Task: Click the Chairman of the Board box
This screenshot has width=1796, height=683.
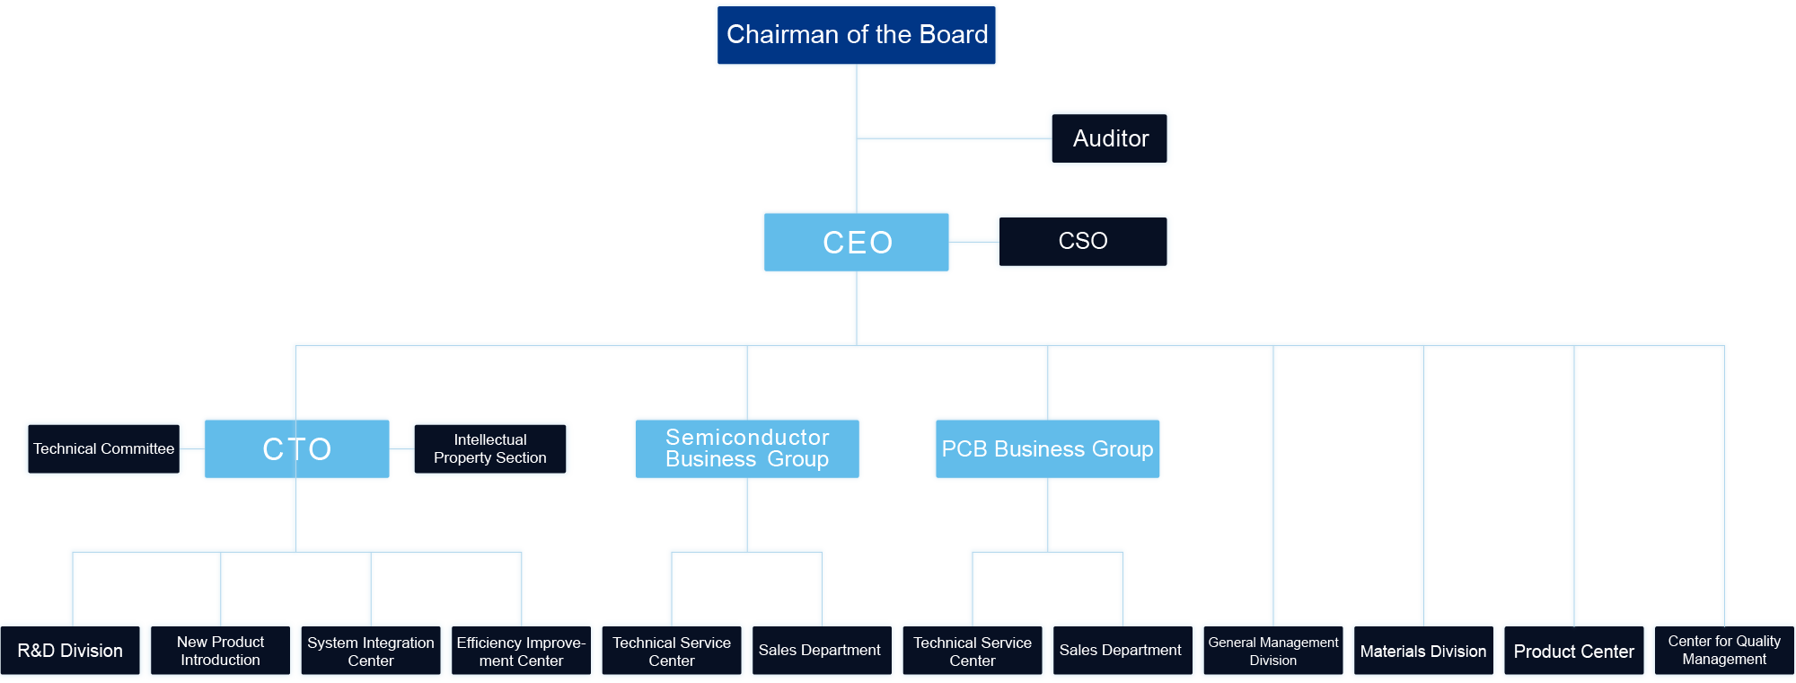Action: pos(857,35)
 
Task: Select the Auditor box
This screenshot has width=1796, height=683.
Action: pos(1110,138)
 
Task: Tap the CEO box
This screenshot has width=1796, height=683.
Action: pos(857,242)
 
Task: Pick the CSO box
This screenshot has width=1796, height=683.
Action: pos(1083,241)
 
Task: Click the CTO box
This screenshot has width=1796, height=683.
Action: pos(296,448)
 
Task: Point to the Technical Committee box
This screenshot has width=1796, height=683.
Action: pos(103,448)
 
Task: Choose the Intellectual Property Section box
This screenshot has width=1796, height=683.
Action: pos(490,448)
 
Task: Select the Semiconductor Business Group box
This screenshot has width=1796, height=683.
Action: pos(747,448)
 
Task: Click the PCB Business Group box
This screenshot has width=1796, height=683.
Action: pos(1047,448)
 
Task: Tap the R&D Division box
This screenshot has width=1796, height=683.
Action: pos(70,651)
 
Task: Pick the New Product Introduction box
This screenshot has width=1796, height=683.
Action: pos(220,651)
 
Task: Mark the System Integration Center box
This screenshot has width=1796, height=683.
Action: pos(371,651)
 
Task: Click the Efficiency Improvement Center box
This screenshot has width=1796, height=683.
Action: pos(521,651)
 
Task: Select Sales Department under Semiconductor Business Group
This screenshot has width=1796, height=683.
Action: pos(820,651)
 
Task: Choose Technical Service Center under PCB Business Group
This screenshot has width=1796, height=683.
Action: pos(973,651)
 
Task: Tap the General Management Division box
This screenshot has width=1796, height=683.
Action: pos(1273,651)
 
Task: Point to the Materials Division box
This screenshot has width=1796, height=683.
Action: pos(1423,651)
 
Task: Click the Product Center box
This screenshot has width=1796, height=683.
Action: pos(1574,651)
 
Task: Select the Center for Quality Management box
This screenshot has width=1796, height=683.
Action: pos(1724,651)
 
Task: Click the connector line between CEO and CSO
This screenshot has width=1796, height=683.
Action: pos(973,241)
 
